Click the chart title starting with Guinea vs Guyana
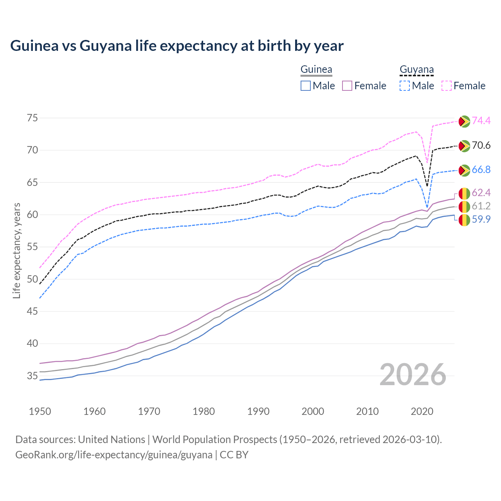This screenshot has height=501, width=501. (x=177, y=46)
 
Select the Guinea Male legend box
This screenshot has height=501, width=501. (x=306, y=86)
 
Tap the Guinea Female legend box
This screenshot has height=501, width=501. (x=348, y=86)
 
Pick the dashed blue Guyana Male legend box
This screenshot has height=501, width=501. (x=405, y=86)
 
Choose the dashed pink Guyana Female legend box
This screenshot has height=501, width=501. (x=447, y=86)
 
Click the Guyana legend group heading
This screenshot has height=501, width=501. (x=416, y=70)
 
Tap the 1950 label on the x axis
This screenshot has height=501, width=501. (x=40, y=411)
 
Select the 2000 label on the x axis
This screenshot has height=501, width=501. (x=313, y=411)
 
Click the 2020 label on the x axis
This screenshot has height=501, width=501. (x=422, y=411)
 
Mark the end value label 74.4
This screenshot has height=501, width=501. (x=481, y=121)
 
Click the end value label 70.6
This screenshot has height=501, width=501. (x=481, y=146)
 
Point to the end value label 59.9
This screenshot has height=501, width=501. (x=481, y=220)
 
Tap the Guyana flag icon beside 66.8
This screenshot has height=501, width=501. (x=464, y=170)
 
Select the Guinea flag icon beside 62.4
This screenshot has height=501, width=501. (x=464, y=193)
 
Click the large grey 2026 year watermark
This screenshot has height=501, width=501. (x=413, y=375)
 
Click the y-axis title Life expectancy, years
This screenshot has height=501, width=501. (x=17, y=250)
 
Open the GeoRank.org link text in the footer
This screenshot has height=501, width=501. (x=114, y=455)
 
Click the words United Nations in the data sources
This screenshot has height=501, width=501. (x=112, y=440)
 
